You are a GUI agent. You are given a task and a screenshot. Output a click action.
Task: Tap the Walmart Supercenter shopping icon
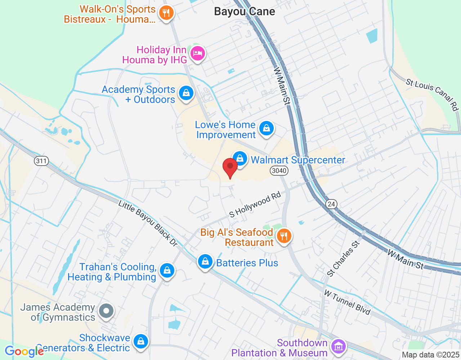pos(240,158)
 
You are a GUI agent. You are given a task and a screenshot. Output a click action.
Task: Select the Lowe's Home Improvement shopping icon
pos(267,128)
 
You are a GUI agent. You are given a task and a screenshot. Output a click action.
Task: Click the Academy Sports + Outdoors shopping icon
pos(186,93)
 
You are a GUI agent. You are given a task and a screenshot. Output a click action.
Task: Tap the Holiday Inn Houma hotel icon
pos(197,53)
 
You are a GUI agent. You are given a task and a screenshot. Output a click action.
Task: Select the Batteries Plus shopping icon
pos(205,262)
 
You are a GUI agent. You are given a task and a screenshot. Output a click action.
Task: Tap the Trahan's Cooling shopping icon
pos(167,270)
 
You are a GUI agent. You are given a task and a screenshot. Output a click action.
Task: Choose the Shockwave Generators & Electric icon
pos(140,341)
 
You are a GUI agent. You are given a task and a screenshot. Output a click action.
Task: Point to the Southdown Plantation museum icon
pos(338,347)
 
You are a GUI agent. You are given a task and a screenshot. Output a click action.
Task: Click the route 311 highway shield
pos(41,161)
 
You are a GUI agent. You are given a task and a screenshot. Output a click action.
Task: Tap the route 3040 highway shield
pos(279,170)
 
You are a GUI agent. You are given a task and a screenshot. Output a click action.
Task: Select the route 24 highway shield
pos(331,204)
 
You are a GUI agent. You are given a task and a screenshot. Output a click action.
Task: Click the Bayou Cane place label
pos(245,12)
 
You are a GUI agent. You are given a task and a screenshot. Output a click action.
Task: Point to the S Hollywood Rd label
pos(255,206)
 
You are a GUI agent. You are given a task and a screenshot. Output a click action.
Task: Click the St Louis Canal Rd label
pos(432,95)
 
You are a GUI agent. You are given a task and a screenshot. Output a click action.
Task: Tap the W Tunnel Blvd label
pos(347,302)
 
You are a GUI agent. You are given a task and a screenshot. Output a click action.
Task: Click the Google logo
pos(24,351)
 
